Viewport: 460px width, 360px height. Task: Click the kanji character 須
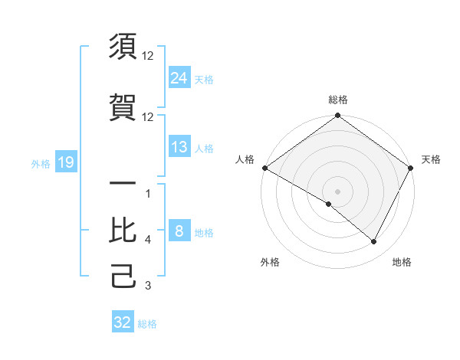click(x=123, y=47)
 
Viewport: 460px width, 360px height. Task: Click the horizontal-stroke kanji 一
click(x=123, y=185)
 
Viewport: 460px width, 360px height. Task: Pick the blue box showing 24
click(x=179, y=78)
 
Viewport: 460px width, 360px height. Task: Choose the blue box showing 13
click(x=179, y=147)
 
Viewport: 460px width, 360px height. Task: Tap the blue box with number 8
click(x=179, y=232)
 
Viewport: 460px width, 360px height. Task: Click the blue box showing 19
click(x=65, y=162)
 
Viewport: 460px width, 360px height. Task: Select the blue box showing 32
click(x=122, y=322)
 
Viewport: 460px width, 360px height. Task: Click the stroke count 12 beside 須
click(x=148, y=56)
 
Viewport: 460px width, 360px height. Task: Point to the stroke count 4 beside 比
click(x=148, y=240)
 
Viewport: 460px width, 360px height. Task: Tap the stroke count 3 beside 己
click(x=148, y=286)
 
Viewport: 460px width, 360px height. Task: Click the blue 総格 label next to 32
click(x=147, y=324)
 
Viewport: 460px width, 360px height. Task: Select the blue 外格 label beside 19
click(x=41, y=163)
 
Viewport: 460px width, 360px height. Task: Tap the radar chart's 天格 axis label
click(x=431, y=159)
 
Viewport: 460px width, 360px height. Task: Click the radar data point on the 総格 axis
click(x=337, y=116)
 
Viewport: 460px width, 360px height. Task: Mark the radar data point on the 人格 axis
click(x=264, y=168)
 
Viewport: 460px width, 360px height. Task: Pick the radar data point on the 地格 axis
click(x=374, y=241)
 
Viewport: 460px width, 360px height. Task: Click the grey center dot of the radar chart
click(x=337, y=191)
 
